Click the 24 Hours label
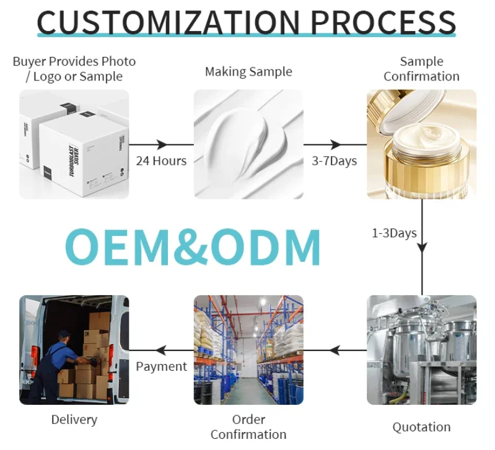(161, 161)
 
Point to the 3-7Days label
(335, 161)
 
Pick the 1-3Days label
(395, 233)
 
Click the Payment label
(161, 366)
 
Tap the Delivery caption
(74, 420)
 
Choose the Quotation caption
(421, 427)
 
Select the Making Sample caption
(248, 72)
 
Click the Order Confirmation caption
(248, 427)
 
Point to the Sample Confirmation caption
(421, 69)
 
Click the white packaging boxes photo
(74, 144)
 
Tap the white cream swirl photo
(248, 144)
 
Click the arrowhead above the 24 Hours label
(162, 145)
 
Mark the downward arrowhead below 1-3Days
(422, 248)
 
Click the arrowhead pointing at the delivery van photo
(159, 350)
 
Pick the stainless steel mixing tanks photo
(421, 350)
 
